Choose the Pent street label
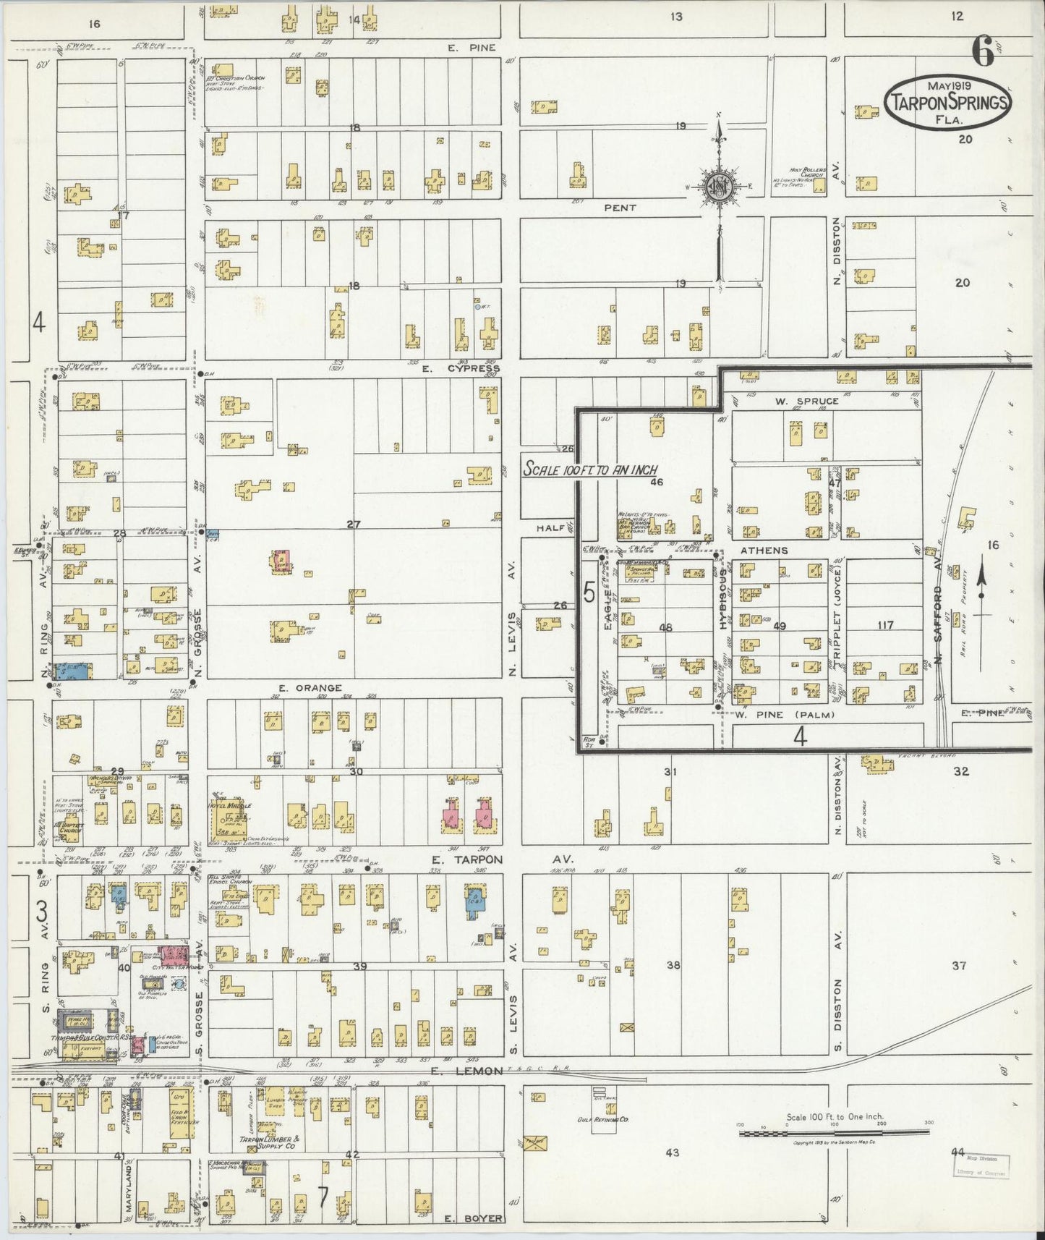pos(620,208)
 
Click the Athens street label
pos(764,551)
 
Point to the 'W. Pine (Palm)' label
pos(786,715)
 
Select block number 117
pos(884,625)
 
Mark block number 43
pos(673,1152)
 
